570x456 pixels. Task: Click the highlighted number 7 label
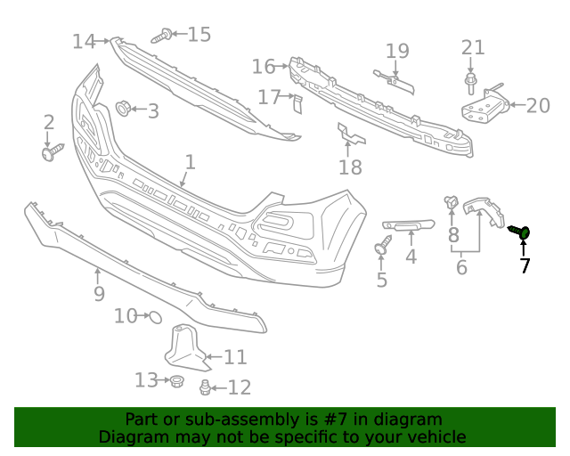click(x=525, y=265)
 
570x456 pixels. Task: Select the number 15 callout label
click(x=199, y=35)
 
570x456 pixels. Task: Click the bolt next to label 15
click(x=161, y=37)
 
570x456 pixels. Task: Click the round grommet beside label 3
click(x=123, y=110)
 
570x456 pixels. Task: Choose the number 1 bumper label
click(x=190, y=162)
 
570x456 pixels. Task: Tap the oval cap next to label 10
click(x=153, y=315)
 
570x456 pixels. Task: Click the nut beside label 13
click(x=175, y=381)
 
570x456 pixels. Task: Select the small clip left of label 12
click(x=205, y=387)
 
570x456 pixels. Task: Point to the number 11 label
click(x=235, y=357)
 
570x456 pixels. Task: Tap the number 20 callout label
click(x=538, y=106)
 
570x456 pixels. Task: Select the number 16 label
click(x=264, y=66)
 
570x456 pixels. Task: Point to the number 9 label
click(x=98, y=293)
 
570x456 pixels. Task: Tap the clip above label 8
click(x=452, y=204)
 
